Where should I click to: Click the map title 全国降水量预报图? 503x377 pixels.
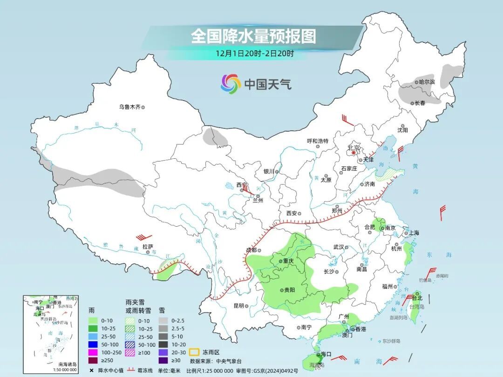[253, 36]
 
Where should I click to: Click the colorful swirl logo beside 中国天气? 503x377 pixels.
[231, 84]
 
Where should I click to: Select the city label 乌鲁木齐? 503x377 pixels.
[129, 107]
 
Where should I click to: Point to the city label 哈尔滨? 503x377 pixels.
[426, 82]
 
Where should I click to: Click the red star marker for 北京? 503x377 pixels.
[353, 152]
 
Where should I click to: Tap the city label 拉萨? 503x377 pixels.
[148, 247]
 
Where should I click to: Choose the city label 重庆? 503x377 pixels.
[288, 261]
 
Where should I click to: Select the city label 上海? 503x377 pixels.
[413, 233]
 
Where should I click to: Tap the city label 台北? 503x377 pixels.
[417, 297]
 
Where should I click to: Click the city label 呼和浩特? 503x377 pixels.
[318, 141]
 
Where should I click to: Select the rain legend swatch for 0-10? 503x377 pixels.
[93, 320]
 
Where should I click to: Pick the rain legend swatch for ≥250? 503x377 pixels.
[93, 360]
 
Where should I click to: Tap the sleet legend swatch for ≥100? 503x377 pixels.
[132, 352]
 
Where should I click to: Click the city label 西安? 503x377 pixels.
[292, 213]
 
